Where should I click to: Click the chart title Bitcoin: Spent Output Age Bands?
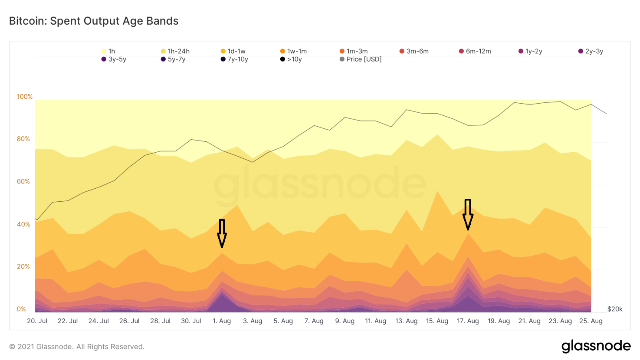click(x=94, y=21)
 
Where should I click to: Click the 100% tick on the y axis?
click(x=25, y=97)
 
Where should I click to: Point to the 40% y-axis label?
click(x=23, y=224)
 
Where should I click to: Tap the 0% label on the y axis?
click(x=21, y=309)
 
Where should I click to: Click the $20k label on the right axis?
click(x=614, y=309)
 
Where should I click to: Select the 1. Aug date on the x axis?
click(x=222, y=321)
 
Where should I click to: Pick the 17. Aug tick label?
click(x=468, y=321)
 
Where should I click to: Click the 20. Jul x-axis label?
click(x=37, y=321)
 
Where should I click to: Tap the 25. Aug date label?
click(x=591, y=321)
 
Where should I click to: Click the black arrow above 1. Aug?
click(x=222, y=233)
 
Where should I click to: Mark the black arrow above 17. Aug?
click(x=468, y=214)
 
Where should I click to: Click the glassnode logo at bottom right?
click(x=596, y=346)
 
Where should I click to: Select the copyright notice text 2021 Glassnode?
click(x=77, y=347)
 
